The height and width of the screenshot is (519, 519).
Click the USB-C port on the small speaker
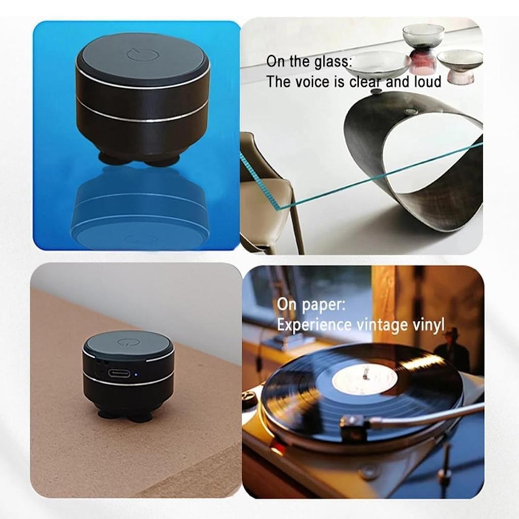119,374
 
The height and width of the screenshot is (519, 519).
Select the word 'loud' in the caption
427,82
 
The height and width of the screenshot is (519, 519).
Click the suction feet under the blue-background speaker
139,160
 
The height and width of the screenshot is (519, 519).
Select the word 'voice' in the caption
314,82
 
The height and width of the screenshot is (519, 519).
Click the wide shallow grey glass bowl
378,63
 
